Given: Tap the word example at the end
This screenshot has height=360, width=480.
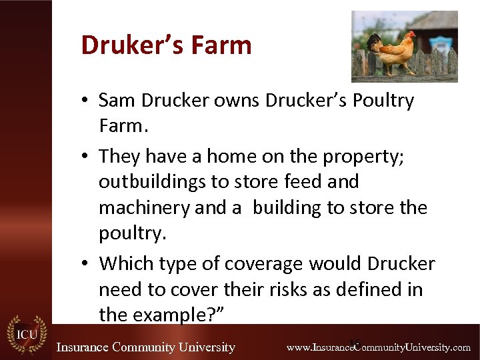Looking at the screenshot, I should [x=176, y=315].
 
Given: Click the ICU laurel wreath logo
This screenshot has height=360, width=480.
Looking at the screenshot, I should [x=26, y=333].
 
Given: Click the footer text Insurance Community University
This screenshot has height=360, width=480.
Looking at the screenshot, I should [x=146, y=347].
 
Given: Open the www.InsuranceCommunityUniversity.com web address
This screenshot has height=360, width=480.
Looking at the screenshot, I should [x=379, y=347].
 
